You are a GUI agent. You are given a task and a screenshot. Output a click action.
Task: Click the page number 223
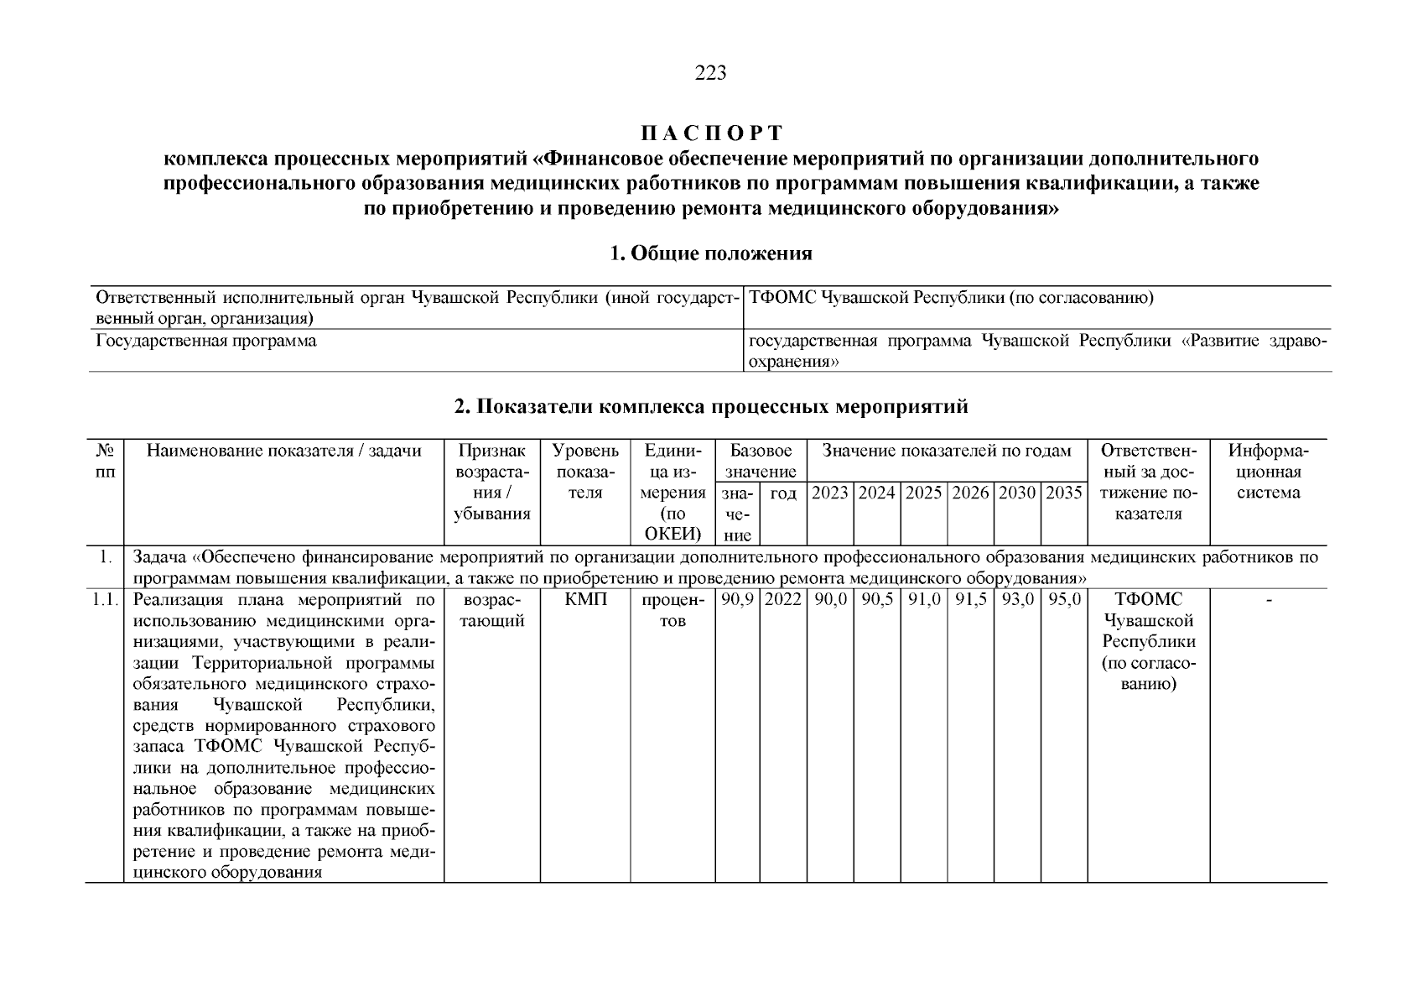point(710,73)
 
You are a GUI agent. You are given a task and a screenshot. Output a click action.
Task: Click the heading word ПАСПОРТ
point(711,133)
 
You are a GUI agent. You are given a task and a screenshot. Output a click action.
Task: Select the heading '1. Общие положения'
point(711,253)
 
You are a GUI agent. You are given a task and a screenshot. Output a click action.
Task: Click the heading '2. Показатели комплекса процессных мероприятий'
point(711,407)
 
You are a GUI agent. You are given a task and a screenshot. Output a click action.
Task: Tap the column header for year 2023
point(830,493)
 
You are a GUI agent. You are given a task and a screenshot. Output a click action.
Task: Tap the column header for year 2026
point(970,493)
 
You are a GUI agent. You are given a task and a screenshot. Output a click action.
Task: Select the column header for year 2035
point(1064,493)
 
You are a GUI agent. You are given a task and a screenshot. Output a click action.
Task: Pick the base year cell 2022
point(783,600)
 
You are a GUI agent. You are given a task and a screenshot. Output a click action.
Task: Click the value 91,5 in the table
point(970,600)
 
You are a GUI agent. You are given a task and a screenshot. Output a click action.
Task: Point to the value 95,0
point(1064,600)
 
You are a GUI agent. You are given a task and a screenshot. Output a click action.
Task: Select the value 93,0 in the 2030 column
point(1017,600)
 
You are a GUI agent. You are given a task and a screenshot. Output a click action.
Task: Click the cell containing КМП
point(585,600)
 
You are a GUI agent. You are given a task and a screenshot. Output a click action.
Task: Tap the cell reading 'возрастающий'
point(491,610)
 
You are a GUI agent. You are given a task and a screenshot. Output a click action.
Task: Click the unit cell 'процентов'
point(673,610)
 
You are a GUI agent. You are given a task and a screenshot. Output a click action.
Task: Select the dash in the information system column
point(1268,600)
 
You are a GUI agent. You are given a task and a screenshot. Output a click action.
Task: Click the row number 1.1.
point(105,600)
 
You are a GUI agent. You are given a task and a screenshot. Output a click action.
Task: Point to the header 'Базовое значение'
point(761,461)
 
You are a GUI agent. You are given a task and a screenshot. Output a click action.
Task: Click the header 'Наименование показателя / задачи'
point(283,451)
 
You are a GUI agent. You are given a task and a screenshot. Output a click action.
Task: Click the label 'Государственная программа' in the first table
point(206,342)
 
